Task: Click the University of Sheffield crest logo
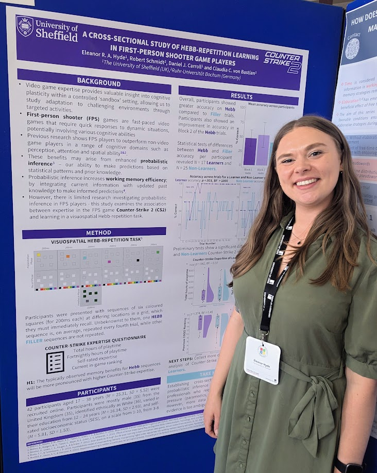point(25,26)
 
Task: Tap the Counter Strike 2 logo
point(282,61)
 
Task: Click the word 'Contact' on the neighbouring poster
point(354,37)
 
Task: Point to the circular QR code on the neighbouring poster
point(352,48)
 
